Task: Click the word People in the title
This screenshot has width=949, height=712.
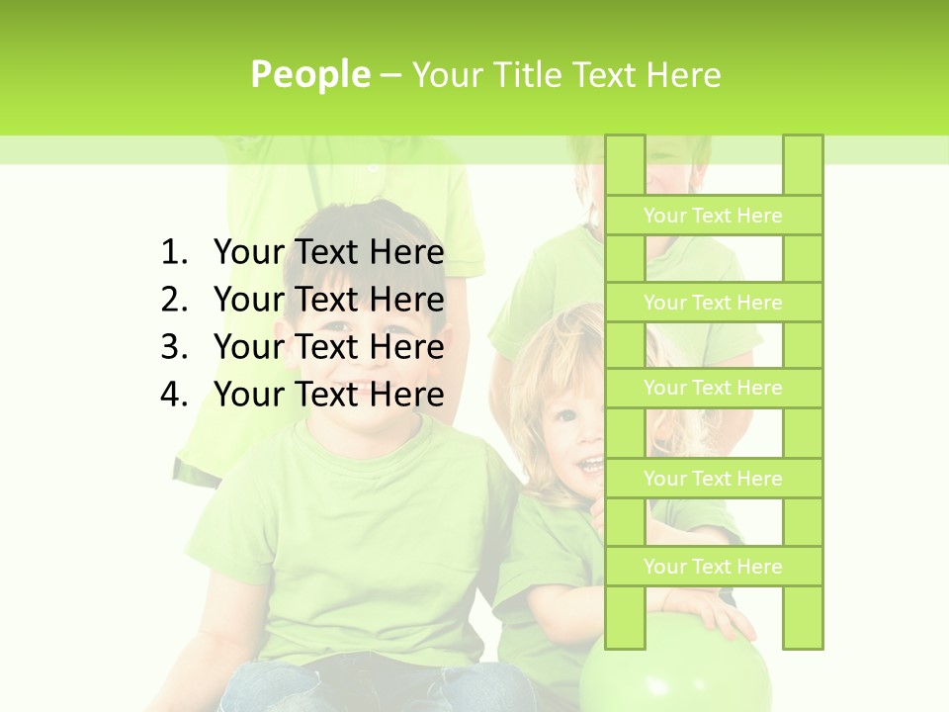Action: (310, 75)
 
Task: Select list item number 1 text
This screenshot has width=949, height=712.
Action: (328, 253)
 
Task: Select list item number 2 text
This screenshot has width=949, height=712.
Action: (328, 300)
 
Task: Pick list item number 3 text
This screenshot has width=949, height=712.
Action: (328, 347)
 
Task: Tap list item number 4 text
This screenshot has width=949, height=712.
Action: (328, 395)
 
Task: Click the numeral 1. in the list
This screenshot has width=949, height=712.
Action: (173, 253)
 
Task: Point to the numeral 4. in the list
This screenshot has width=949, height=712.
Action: (173, 395)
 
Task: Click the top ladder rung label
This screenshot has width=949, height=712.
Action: (713, 216)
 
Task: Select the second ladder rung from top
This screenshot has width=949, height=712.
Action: (713, 303)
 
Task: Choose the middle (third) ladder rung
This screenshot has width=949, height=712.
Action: (713, 388)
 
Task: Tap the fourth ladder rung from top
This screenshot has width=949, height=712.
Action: (713, 479)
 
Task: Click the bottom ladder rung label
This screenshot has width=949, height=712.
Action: (713, 567)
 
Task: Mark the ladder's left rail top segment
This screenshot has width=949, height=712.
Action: (625, 164)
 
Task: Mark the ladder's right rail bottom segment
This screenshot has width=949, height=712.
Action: (803, 617)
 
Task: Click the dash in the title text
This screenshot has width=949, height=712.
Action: (389, 75)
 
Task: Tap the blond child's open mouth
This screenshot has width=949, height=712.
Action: (591, 464)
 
